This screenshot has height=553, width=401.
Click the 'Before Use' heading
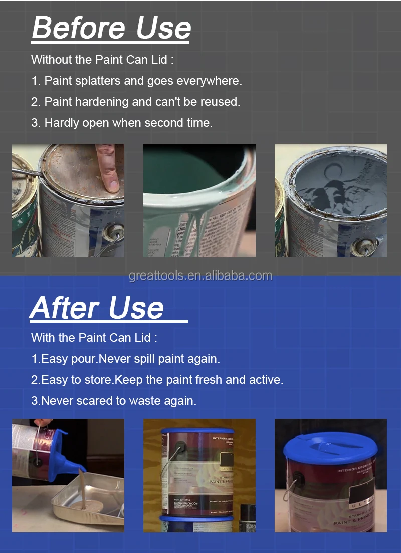[111, 28]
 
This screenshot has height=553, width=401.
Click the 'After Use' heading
[97, 308]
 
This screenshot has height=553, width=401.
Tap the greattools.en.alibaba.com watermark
[200, 276]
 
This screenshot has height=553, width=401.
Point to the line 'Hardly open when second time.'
[122, 123]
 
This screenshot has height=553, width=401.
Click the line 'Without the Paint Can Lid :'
[102, 60]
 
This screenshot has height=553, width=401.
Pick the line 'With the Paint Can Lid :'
[94, 338]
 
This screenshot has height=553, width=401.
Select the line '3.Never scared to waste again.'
[114, 401]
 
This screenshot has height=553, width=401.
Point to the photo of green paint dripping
[199, 200]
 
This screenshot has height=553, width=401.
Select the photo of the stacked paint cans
[199, 475]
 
